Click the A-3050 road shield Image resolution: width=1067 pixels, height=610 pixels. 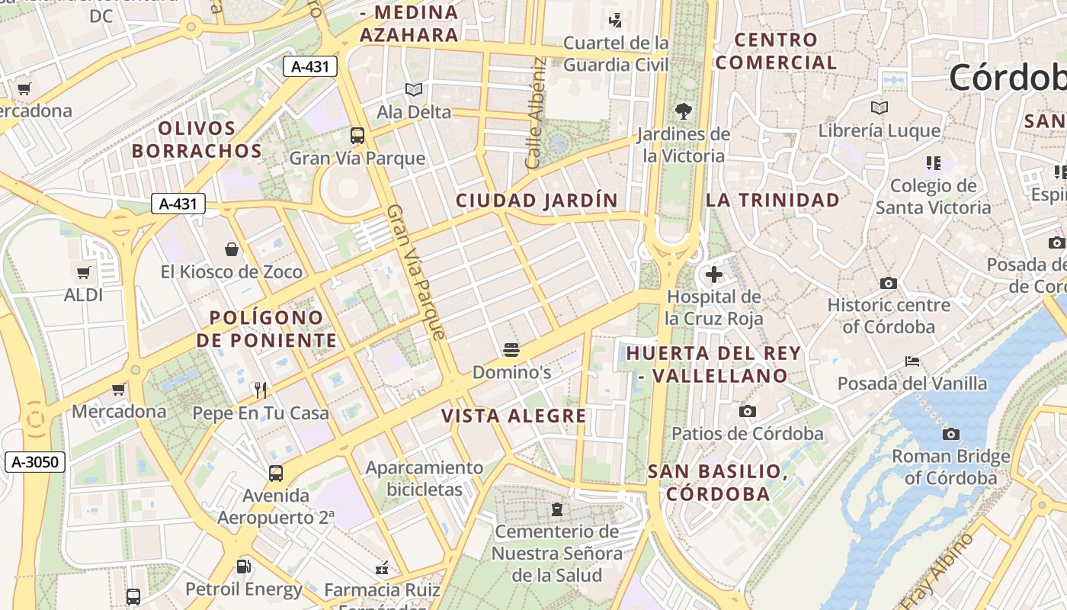point(35,461)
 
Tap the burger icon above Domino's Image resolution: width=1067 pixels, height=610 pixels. point(511,350)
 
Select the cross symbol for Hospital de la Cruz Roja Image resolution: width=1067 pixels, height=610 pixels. point(714,274)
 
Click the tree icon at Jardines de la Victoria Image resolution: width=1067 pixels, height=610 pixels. point(684,111)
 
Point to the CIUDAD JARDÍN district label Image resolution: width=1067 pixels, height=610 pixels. point(537,201)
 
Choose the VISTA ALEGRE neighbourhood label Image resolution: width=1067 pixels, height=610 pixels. point(514,416)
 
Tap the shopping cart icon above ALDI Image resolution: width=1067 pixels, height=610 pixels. point(83,272)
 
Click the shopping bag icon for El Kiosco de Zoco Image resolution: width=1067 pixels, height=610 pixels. point(232,249)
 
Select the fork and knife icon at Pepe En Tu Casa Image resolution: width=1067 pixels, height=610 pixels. point(261,390)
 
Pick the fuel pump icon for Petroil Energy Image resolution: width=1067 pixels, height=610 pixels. point(244,567)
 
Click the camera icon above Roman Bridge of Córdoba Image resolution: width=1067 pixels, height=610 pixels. point(950,434)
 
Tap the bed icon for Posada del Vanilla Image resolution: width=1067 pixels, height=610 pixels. point(912,361)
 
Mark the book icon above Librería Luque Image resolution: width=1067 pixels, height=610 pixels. point(880,108)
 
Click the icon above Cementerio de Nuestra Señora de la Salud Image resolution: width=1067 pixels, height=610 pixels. point(557,509)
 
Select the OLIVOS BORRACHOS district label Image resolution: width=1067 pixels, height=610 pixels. point(197,140)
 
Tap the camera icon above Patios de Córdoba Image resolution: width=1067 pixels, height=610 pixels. point(748,411)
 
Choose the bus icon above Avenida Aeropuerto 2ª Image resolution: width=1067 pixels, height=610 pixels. point(276,473)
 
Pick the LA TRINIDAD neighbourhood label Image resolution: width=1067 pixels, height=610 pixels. point(772,201)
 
